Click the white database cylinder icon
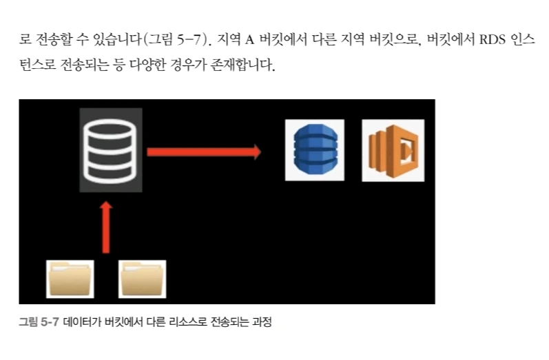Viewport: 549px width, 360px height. pyautogui.click(x=110, y=150)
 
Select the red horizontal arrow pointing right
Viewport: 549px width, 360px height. pyautogui.click(x=204, y=151)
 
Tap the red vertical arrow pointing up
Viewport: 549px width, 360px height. pyautogui.click(x=105, y=227)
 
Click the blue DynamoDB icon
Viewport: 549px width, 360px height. pyautogui.click(x=314, y=150)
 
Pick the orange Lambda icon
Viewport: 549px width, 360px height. pyautogui.click(x=393, y=150)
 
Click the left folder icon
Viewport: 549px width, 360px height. pyautogui.click(x=71, y=279)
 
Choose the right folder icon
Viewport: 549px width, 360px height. pyautogui.click(x=143, y=279)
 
